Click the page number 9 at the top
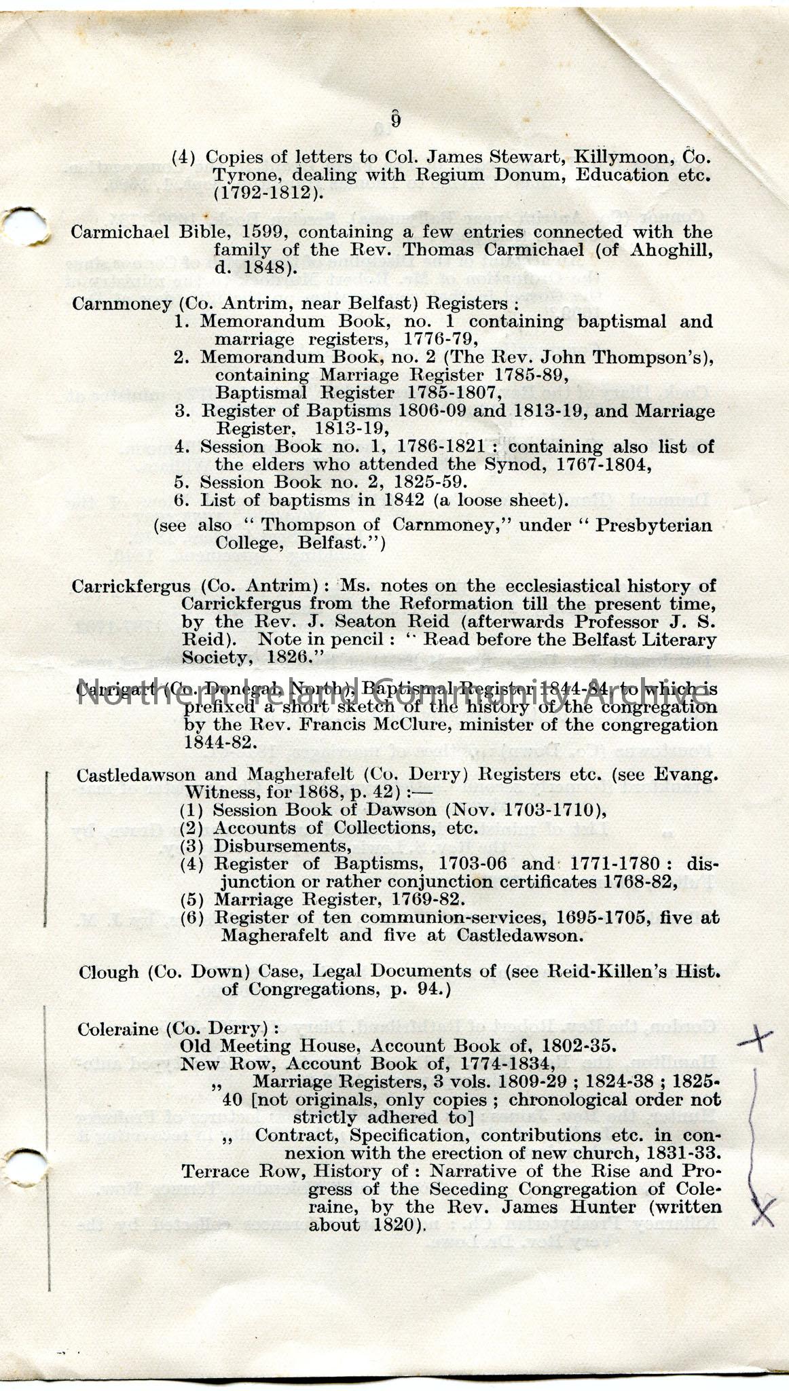coord(395,120)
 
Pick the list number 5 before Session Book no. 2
coord(180,482)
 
